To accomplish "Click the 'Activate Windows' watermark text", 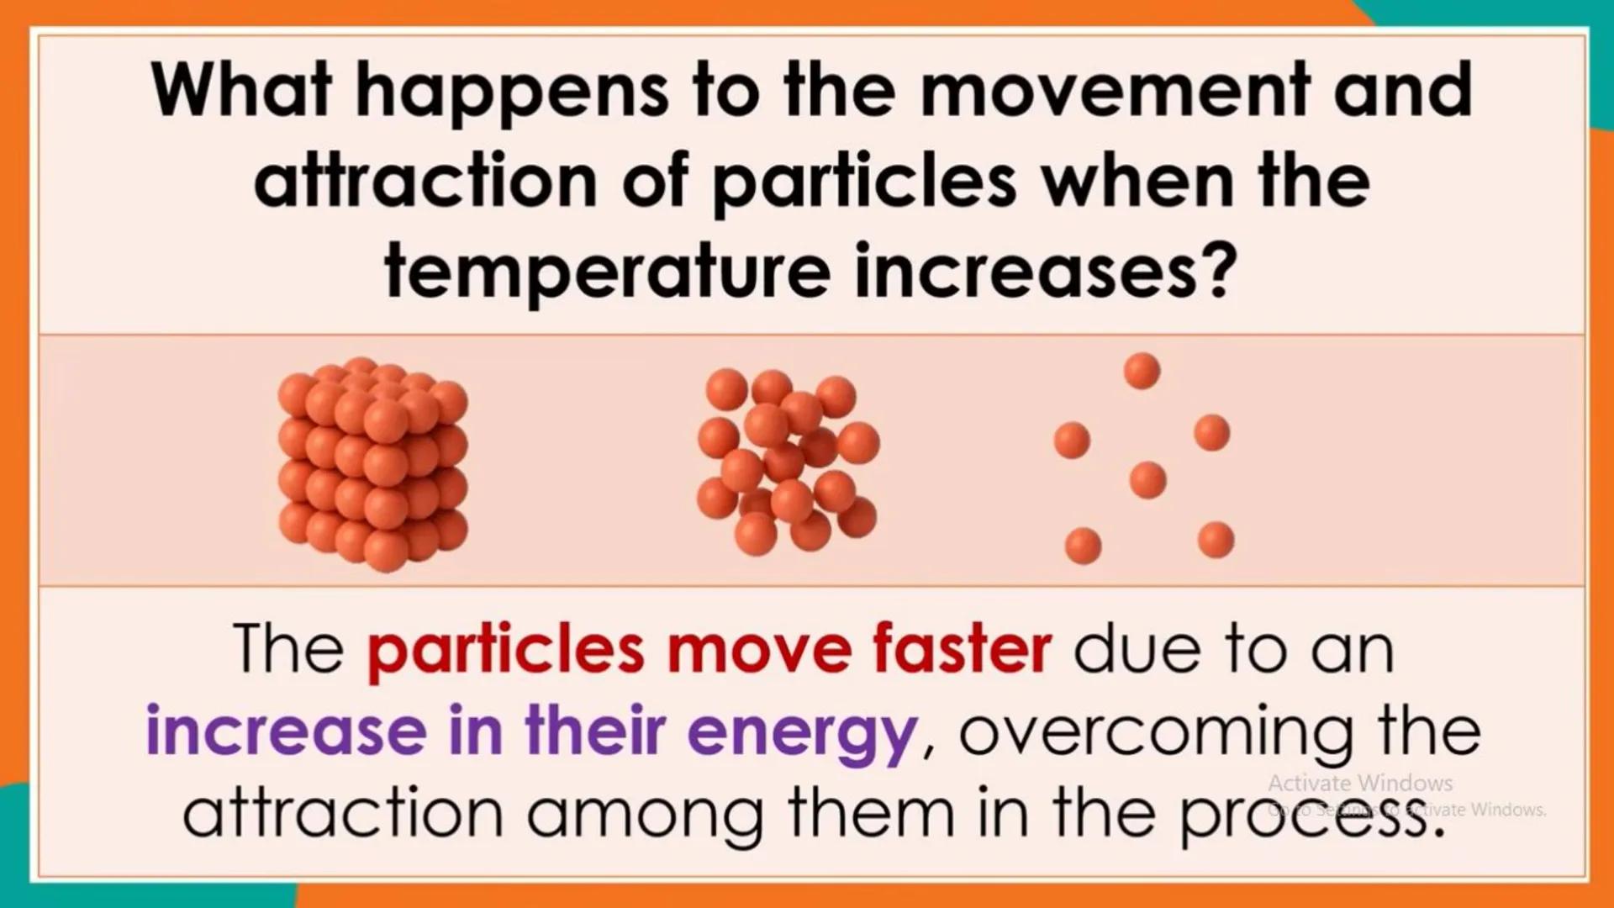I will [x=1359, y=784].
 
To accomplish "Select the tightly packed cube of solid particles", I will [x=372, y=463].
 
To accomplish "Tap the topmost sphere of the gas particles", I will [x=1142, y=371].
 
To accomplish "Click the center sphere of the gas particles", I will [x=1147, y=480].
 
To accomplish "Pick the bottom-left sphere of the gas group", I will [x=1083, y=546].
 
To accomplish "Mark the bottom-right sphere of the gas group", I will [x=1216, y=540].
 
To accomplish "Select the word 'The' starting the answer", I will [x=289, y=648].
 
